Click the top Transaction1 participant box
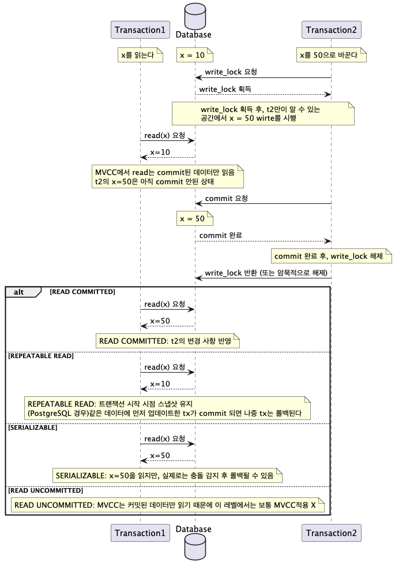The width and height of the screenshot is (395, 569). pyautogui.click(x=140, y=30)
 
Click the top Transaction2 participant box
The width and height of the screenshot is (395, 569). pyautogui.click(x=331, y=30)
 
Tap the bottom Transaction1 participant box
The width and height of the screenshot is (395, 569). pyautogui.click(x=140, y=533)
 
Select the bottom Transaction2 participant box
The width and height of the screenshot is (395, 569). pyautogui.click(x=331, y=533)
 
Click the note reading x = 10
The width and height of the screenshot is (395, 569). pyautogui.click(x=195, y=55)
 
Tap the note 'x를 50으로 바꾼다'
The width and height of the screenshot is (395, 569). pyautogui.click(x=332, y=55)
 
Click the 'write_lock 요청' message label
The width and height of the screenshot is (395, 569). pyautogui.click(x=231, y=72)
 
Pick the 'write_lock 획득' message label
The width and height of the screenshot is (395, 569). pyautogui.click(x=225, y=90)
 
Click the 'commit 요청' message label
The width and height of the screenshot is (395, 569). pyautogui.click(x=227, y=199)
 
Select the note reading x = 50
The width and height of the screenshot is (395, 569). pyautogui.click(x=195, y=219)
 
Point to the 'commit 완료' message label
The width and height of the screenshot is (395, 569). pyautogui.click(x=221, y=236)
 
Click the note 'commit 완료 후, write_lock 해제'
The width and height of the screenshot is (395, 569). pyautogui.click(x=332, y=256)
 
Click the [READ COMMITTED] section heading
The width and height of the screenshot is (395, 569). pyautogui.click(x=82, y=292)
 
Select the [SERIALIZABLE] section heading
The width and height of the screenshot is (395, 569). pyautogui.click(x=32, y=427)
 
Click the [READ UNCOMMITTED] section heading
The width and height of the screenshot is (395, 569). pyautogui.click(x=46, y=490)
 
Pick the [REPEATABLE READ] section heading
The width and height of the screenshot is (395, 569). pyautogui.click(x=41, y=356)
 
